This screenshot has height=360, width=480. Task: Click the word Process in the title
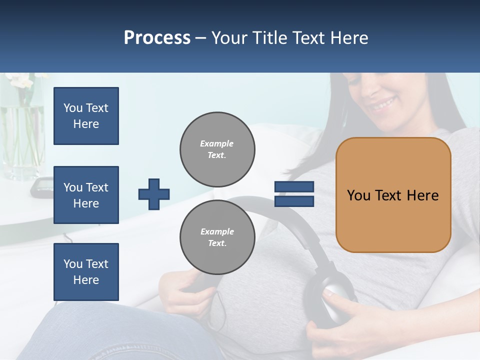(x=157, y=37)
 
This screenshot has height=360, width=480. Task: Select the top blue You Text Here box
(x=86, y=116)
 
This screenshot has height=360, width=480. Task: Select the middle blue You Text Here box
(x=86, y=195)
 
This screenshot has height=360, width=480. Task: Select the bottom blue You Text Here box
(x=86, y=272)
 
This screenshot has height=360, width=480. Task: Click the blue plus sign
(x=154, y=194)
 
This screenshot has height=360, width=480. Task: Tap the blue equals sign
(x=294, y=194)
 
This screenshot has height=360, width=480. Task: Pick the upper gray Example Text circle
(x=217, y=149)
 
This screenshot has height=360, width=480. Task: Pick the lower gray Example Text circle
(x=217, y=237)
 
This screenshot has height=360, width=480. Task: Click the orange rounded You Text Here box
(x=393, y=195)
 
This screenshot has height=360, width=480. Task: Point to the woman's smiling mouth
(x=384, y=105)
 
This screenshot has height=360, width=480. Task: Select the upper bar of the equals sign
(x=294, y=187)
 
